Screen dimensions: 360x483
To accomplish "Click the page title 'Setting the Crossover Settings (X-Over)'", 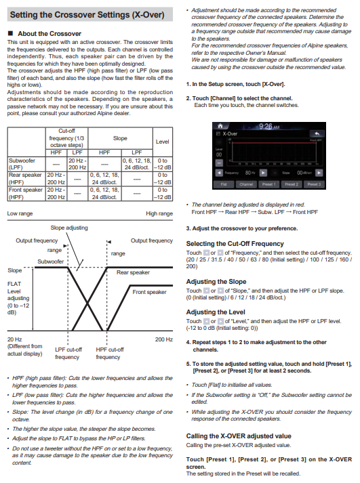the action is click(87, 14).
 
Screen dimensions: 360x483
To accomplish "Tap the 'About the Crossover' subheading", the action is click(49, 34).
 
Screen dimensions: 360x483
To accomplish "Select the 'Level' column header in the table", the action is click(163, 142).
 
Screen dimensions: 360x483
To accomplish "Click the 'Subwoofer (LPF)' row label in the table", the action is click(22, 164).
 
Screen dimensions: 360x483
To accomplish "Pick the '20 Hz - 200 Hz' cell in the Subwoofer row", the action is click(77, 164).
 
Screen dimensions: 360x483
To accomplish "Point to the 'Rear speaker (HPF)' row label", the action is click(25, 179).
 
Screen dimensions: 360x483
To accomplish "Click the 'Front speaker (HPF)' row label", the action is click(26, 194).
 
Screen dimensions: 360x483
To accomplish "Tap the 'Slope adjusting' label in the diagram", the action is click(69, 228).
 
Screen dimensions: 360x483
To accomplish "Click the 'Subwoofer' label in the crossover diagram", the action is click(51, 261).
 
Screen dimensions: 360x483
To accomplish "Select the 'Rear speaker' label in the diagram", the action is click(133, 272).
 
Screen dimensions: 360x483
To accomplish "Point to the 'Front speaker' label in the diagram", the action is click(149, 292).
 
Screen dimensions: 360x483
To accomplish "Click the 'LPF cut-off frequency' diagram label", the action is click(68, 354).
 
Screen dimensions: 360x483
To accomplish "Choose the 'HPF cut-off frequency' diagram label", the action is click(110, 354).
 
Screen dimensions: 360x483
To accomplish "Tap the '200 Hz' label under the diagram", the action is click(164, 339).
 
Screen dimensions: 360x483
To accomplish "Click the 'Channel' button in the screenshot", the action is click(246, 184).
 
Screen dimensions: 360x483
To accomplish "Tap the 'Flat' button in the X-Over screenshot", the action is click(224, 184).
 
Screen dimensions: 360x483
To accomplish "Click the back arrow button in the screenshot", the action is click(317, 133).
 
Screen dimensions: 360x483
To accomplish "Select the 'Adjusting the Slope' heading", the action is click(216, 282).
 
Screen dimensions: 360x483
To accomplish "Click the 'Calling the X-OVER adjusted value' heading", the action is click(239, 436).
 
